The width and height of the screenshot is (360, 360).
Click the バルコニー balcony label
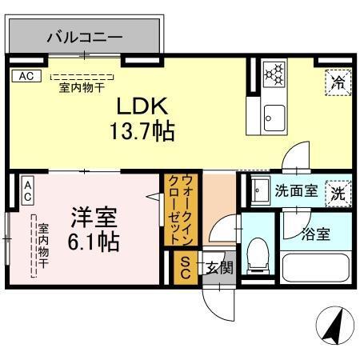(x=84, y=36)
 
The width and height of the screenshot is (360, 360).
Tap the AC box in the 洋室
(x=27, y=190)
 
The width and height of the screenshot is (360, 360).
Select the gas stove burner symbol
(x=276, y=74)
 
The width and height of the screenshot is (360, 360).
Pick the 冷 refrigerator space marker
(x=337, y=83)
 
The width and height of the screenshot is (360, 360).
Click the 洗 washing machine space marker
(x=338, y=193)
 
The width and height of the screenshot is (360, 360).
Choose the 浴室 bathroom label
(x=315, y=234)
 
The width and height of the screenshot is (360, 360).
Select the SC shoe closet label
(x=183, y=266)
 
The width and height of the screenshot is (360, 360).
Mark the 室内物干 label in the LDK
(x=83, y=88)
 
